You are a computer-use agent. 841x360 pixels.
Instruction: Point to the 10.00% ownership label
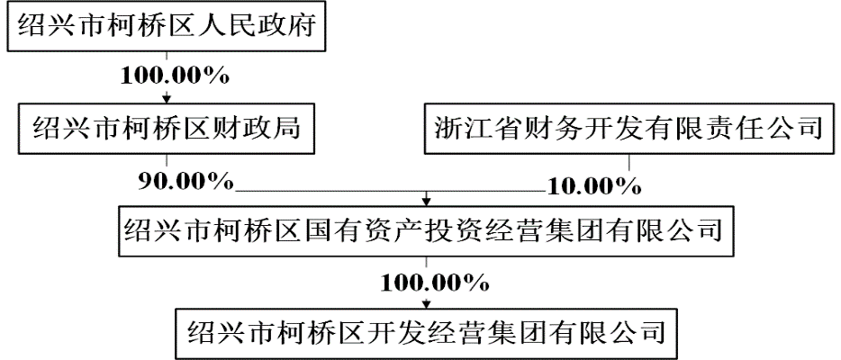(x=593, y=186)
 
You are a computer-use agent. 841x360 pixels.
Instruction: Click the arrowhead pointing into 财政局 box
(x=166, y=98)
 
